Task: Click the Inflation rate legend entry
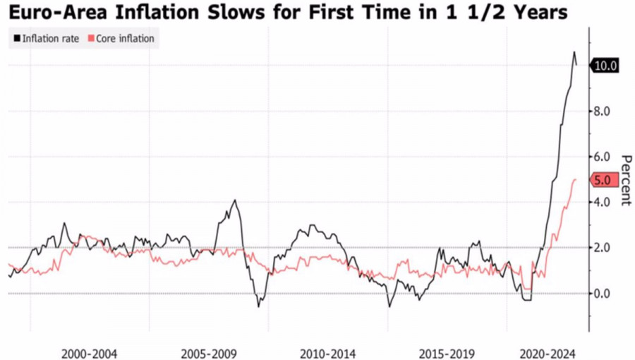click(50, 39)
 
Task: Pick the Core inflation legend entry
click(123, 39)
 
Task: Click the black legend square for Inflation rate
click(16, 39)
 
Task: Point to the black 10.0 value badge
click(606, 66)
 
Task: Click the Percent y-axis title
click(624, 180)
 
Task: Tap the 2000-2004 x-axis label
click(89, 353)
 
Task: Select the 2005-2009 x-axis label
click(208, 353)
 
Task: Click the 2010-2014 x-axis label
click(327, 353)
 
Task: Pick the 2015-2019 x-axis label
click(447, 353)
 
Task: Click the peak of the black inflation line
click(574, 52)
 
